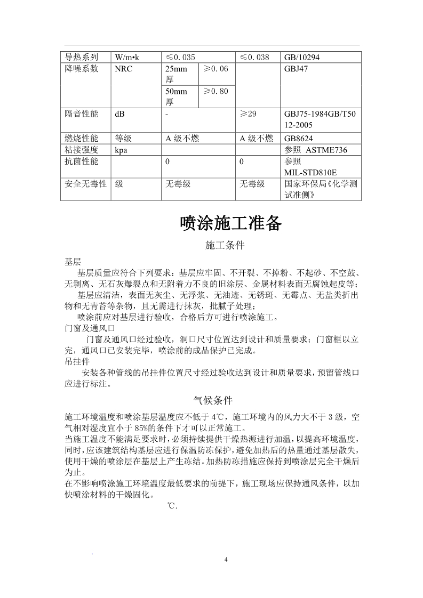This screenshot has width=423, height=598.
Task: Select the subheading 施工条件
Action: pos(225,246)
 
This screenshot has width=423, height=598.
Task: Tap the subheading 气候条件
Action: pos(212,400)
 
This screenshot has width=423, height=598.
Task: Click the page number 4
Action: pos(226,560)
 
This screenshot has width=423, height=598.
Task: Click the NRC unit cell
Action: pos(124,69)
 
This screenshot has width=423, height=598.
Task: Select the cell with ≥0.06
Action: pos(216,69)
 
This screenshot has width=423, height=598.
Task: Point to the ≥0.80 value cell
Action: pos(216,91)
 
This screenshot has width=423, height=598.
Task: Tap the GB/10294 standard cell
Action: pos(302,58)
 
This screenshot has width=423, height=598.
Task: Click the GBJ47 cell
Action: pos(297,69)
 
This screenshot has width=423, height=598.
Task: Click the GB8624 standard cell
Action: pos(298,139)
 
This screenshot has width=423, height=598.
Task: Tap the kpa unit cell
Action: pos(121,150)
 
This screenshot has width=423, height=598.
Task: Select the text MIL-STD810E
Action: pos(310,172)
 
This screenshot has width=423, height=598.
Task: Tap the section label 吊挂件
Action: pos(77,361)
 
